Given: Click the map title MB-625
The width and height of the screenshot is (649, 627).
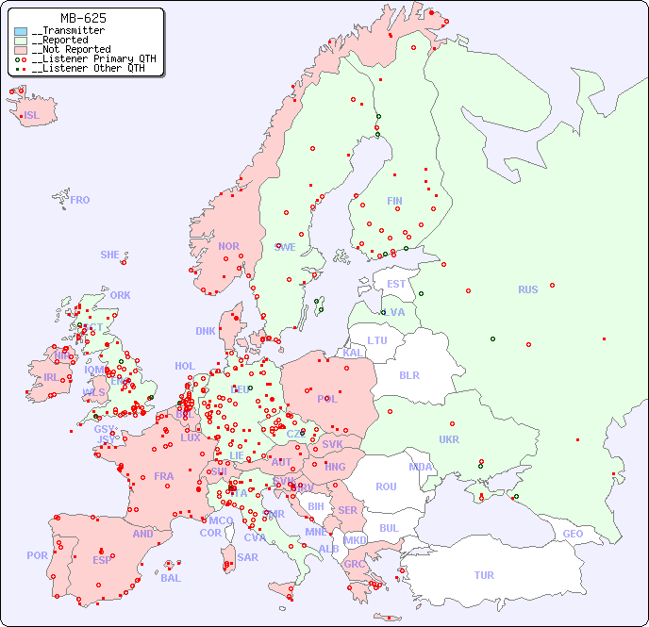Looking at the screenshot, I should [x=83, y=18].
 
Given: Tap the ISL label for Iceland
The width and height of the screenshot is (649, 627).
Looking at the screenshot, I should [x=32, y=116].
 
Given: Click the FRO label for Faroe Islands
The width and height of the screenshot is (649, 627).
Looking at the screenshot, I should [x=80, y=200].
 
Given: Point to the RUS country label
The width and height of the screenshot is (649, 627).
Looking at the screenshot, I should [x=527, y=289].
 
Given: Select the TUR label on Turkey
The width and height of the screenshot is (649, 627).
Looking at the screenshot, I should [x=484, y=575].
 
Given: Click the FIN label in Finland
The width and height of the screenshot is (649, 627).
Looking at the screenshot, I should [x=394, y=201].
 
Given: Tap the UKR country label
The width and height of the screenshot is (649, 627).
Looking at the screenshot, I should [x=449, y=439].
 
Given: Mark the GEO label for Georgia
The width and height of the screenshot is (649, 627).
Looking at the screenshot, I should [x=573, y=534].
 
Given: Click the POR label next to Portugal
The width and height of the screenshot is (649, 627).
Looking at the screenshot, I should [x=37, y=555].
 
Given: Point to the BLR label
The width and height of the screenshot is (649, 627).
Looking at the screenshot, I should [x=408, y=374].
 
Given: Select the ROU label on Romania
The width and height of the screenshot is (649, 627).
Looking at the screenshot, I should [x=386, y=487].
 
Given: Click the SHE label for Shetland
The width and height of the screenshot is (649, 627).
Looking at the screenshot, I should [x=110, y=255].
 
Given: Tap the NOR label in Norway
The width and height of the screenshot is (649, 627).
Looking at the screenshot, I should [x=228, y=246].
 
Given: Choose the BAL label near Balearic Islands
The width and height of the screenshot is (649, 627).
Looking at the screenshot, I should [x=171, y=578].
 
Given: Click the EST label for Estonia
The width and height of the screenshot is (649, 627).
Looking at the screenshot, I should [x=396, y=284].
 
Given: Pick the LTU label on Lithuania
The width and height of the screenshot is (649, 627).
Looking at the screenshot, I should [x=377, y=340].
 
